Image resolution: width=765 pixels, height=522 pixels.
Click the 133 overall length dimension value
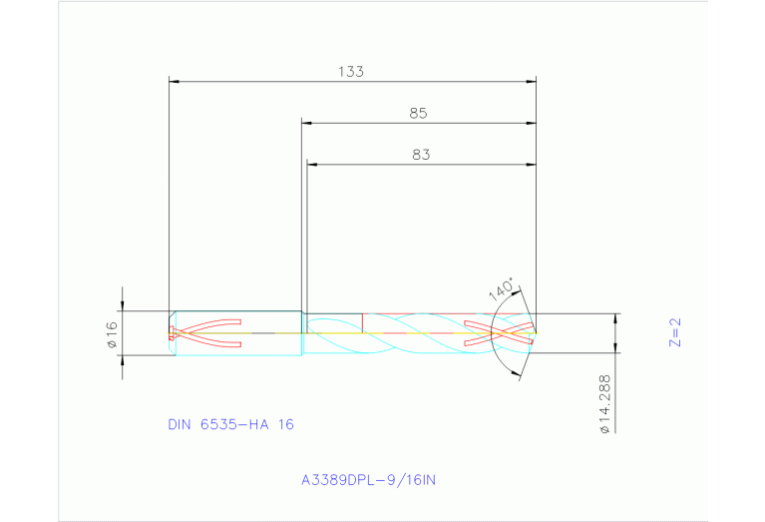click(x=351, y=72)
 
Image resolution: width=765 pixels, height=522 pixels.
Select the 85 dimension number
click(x=418, y=114)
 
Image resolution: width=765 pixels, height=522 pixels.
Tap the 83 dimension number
click(x=420, y=155)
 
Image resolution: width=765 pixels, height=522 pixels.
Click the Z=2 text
click(x=674, y=333)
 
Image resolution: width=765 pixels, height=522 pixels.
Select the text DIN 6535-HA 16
click(x=230, y=424)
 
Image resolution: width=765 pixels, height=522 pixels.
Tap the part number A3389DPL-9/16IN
click(x=369, y=480)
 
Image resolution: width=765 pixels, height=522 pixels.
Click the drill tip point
click(x=537, y=332)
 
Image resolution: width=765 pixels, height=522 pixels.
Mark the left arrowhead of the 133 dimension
click(x=174, y=81)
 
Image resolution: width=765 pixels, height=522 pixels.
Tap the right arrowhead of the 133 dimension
click(x=532, y=81)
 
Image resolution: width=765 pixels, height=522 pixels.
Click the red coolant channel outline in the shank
click(x=209, y=333)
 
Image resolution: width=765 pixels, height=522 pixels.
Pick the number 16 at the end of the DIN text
click(x=285, y=424)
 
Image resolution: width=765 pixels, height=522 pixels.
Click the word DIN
click(x=181, y=424)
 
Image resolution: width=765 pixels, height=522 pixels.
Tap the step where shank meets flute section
click(x=302, y=333)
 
